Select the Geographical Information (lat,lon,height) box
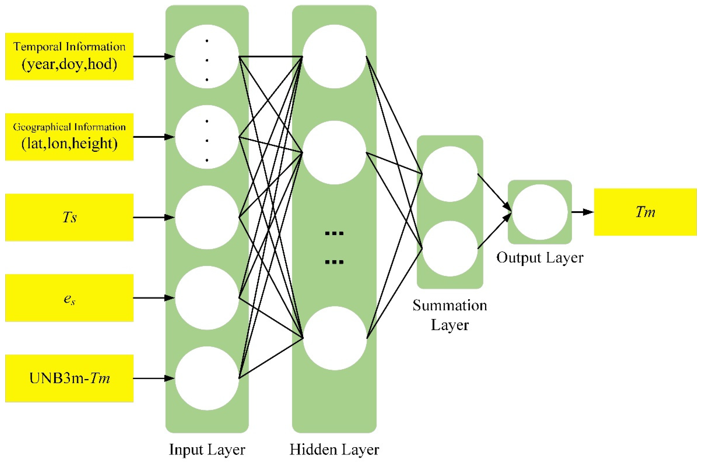(x=69, y=137)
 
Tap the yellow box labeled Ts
(x=69, y=217)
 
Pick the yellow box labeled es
(x=69, y=298)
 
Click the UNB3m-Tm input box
(x=69, y=378)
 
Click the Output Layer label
(x=540, y=258)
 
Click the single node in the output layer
(x=540, y=212)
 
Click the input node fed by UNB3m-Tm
(x=207, y=378)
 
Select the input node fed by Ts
(x=207, y=217)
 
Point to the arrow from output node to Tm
(x=582, y=212)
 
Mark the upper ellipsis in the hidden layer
(x=334, y=233)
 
